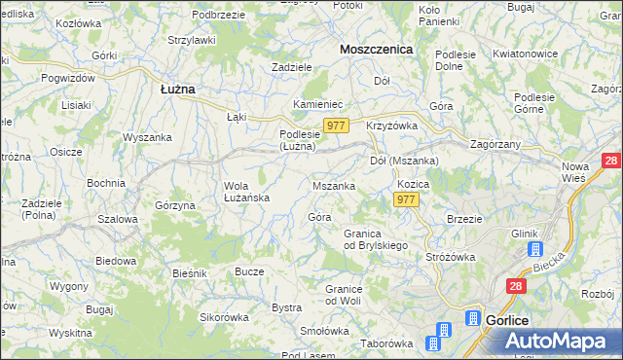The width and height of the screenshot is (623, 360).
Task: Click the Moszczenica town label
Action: [x=376, y=48]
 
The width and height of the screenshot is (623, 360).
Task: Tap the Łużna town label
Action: [x=177, y=88]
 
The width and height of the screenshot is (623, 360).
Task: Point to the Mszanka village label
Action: [x=333, y=185]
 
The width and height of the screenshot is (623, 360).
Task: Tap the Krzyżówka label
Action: [x=391, y=126]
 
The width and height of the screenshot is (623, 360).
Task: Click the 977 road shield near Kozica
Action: [x=407, y=199]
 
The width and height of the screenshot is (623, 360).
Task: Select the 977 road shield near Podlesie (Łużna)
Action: [x=337, y=126]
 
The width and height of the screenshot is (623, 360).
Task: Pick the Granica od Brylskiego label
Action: [x=376, y=239]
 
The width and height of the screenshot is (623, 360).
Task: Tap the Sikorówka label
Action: [x=225, y=317]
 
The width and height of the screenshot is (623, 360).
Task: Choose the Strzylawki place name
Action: [x=191, y=40]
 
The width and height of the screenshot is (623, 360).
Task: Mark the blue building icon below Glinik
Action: [x=535, y=249]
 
